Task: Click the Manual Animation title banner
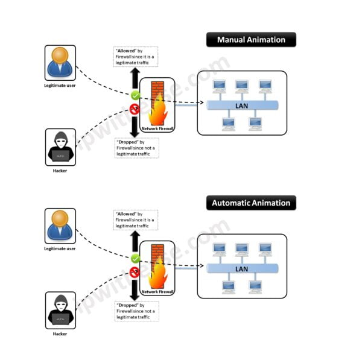point(251,40)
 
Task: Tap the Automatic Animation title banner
point(251,203)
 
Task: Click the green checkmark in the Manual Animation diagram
point(136,95)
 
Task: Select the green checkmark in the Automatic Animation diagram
point(136,258)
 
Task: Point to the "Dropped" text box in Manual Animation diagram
point(136,148)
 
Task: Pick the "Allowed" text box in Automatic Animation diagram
point(136,219)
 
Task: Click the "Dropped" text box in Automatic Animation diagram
point(136,311)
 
